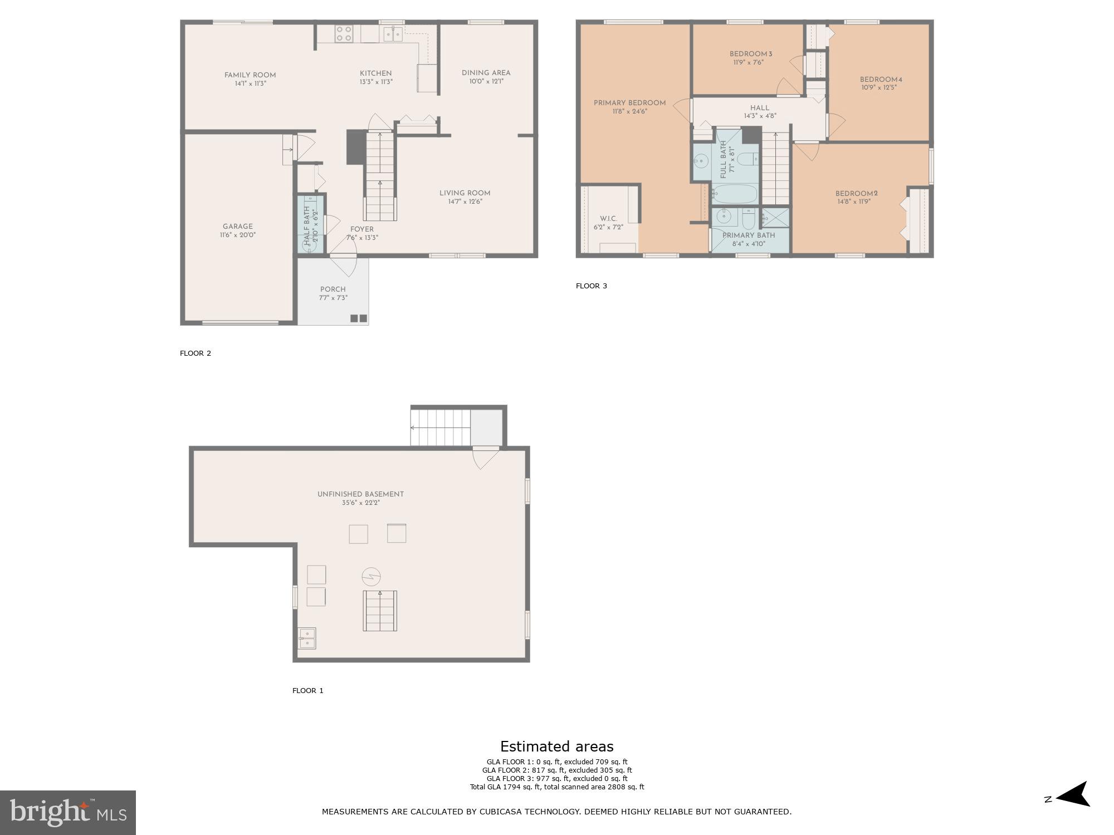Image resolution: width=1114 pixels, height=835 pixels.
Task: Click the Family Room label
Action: click(250, 75)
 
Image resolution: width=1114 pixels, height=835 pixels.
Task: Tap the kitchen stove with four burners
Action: click(344, 34)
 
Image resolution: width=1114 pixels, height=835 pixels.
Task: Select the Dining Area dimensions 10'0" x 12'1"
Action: click(486, 81)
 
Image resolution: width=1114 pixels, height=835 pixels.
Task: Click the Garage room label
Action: click(238, 227)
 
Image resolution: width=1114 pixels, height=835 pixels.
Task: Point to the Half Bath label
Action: click(307, 218)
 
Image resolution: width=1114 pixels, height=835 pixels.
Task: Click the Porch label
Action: click(333, 289)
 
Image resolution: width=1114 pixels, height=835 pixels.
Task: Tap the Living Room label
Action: click(465, 193)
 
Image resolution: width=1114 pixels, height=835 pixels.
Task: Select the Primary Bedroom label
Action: click(629, 103)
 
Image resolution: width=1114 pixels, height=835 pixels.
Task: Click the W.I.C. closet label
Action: click(608, 219)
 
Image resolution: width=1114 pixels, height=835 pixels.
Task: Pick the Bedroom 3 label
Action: click(751, 54)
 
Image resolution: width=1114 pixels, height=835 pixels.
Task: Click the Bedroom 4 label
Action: click(881, 80)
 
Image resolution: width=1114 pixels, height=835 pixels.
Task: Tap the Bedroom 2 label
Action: click(856, 194)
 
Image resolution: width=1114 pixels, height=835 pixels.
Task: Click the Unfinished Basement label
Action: click(360, 494)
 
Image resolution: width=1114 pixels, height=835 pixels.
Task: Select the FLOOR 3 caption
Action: click(591, 286)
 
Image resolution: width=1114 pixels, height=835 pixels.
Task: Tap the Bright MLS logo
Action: click(67, 813)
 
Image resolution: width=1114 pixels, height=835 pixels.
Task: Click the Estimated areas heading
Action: click(556, 746)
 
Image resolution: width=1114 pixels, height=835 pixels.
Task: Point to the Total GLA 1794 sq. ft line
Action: click(556, 787)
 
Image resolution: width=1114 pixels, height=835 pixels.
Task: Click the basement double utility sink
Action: click(307, 638)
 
